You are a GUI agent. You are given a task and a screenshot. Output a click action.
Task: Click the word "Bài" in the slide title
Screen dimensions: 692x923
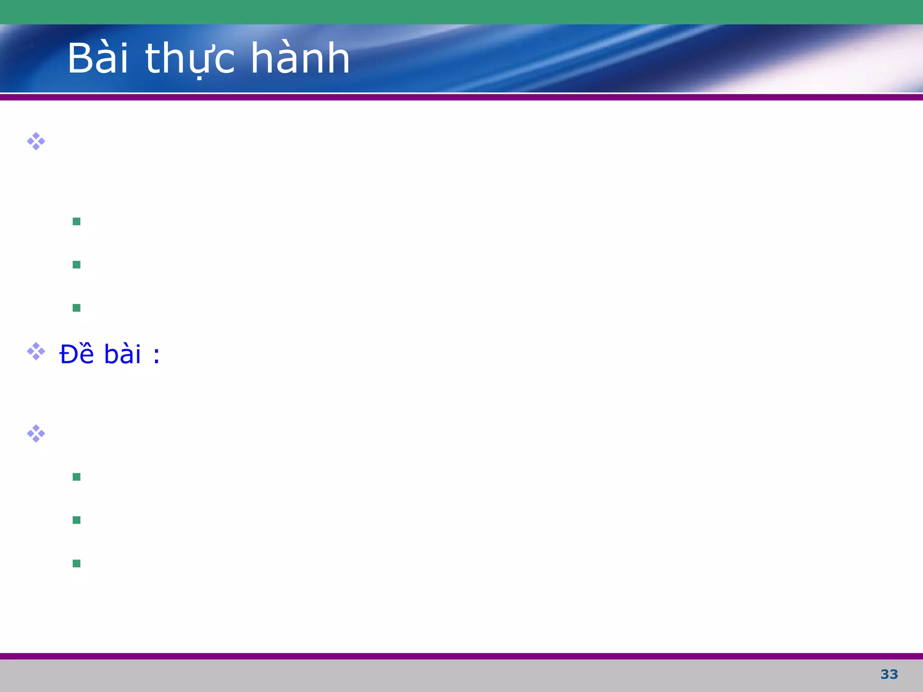click(98, 59)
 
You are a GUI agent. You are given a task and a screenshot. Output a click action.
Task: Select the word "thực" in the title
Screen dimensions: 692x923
click(190, 59)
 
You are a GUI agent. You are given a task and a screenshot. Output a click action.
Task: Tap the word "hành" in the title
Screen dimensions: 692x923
click(300, 59)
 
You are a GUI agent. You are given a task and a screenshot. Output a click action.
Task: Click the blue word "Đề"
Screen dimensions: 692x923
click(77, 354)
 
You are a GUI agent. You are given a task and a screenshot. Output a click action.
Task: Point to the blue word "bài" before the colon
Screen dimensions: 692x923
click(123, 355)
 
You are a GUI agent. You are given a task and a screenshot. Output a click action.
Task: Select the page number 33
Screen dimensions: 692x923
click(889, 674)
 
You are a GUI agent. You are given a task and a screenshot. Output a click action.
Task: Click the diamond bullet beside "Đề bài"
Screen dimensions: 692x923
click(36, 351)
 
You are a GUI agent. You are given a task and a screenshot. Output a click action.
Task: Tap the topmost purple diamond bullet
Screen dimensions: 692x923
click(36, 141)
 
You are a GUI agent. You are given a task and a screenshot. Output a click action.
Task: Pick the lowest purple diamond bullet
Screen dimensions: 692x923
click(36, 433)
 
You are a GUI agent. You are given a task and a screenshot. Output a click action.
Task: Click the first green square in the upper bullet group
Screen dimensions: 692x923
click(77, 221)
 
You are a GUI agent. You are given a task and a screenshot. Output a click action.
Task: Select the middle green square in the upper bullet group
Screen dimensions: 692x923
click(77, 264)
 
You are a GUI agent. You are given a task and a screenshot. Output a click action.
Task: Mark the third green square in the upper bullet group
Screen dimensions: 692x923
click(77, 308)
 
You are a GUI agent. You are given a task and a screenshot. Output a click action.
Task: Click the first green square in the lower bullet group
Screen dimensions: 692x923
click(77, 477)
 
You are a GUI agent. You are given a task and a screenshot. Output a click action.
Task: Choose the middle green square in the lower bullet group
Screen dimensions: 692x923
click(77, 520)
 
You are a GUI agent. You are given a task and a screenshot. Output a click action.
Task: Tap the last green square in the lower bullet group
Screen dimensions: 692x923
click(77, 563)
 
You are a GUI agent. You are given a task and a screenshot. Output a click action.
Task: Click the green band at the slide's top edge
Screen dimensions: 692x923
click(461, 12)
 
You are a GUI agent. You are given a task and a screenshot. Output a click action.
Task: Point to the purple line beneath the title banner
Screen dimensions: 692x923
click(461, 97)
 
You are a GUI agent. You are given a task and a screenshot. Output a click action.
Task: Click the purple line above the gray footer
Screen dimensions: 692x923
click(461, 656)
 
